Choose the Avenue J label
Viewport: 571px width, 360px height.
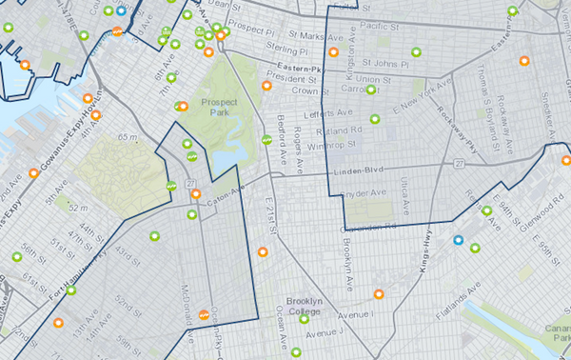(x=325, y=332)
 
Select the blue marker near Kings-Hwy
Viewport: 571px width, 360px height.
(x=459, y=240)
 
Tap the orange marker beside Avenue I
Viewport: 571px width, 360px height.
(x=379, y=294)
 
